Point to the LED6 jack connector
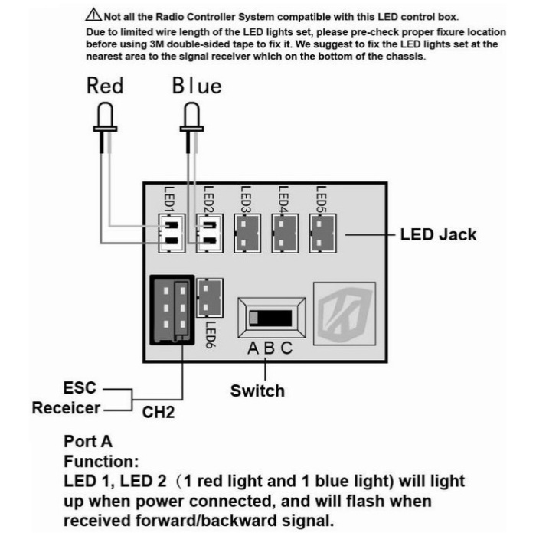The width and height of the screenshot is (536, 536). click(x=210, y=298)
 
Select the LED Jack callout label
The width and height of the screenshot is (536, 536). click(x=437, y=234)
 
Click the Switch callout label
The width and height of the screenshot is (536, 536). click(x=257, y=391)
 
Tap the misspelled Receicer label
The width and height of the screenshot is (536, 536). click(x=66, y=408)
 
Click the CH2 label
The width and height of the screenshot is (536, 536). click(x=159, y=413)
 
